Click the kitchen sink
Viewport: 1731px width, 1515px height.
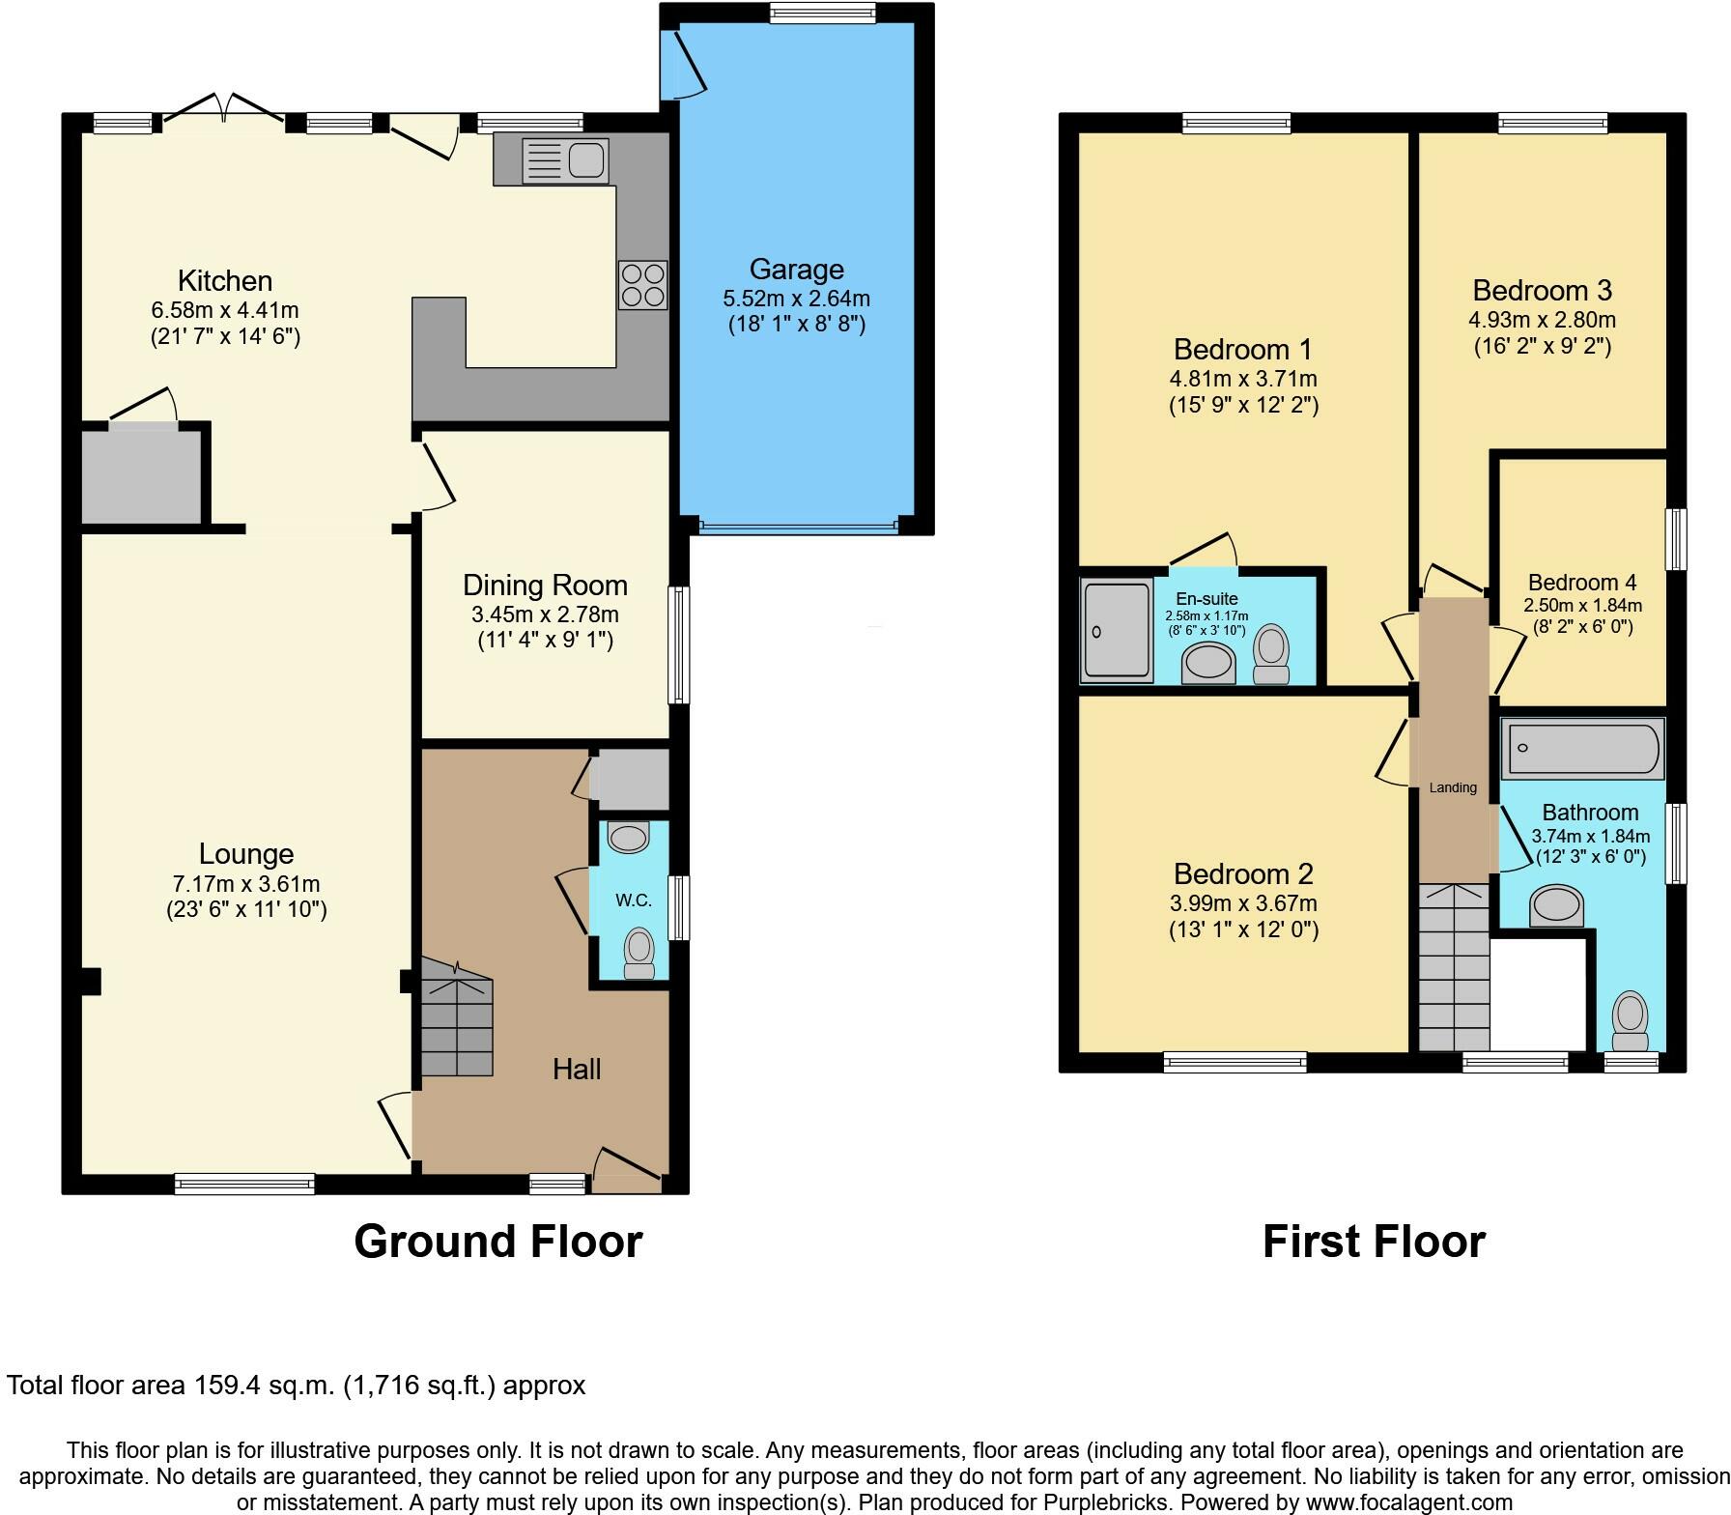tap(565, 159)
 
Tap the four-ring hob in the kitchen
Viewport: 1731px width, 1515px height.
tap(642, 285)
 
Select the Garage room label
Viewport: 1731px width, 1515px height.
tap(796, 270)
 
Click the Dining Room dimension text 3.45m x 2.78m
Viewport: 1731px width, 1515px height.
tap(545, 615)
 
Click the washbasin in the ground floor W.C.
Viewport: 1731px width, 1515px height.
tap(629, 837)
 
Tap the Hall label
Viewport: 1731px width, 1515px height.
tap(577, 1069)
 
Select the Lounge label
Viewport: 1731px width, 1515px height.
tap(246, 854)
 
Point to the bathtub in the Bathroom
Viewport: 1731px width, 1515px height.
tap(1581, 749)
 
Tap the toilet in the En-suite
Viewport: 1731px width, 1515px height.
tap(1271, 655)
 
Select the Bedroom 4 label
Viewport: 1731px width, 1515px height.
tap(1582, 583)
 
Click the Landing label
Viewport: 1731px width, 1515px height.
tap(1453, 787)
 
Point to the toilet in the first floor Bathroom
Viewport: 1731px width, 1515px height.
tap(1631, 1022)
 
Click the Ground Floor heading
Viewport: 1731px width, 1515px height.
tap(497, 1242)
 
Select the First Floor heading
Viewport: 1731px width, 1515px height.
tap(1373, 1242)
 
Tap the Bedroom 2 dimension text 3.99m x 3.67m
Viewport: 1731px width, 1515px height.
tap(1243, 904)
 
